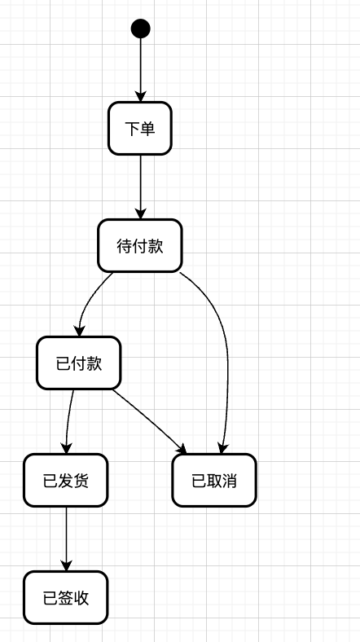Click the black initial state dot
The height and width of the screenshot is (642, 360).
[x=140, y=29]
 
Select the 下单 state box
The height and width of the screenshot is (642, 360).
[x=140, y=128]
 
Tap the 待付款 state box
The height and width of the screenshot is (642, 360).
[x=140, y=245]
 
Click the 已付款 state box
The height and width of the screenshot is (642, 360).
[x=79, y=363]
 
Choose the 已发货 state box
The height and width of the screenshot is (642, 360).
[x=65, y=480]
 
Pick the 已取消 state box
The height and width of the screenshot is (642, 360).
[x=214, y=480]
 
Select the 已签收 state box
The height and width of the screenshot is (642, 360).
[x=65, y=597]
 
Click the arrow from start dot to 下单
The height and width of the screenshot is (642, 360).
[x=140, y=69]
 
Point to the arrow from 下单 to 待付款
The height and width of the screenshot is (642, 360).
[x=140, y=186]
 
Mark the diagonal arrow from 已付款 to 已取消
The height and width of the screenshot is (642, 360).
[x=148, y=420]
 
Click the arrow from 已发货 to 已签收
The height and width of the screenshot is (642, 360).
[x=65, y=538]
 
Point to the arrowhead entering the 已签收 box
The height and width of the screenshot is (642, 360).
[x=65, y=565]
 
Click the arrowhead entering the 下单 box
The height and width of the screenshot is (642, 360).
[x=140, y=96]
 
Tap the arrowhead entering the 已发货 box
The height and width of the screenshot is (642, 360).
[x=66, y=448]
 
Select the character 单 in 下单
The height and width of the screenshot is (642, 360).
[x=147, y=128]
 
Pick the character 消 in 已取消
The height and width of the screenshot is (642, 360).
[x=230, y=480]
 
